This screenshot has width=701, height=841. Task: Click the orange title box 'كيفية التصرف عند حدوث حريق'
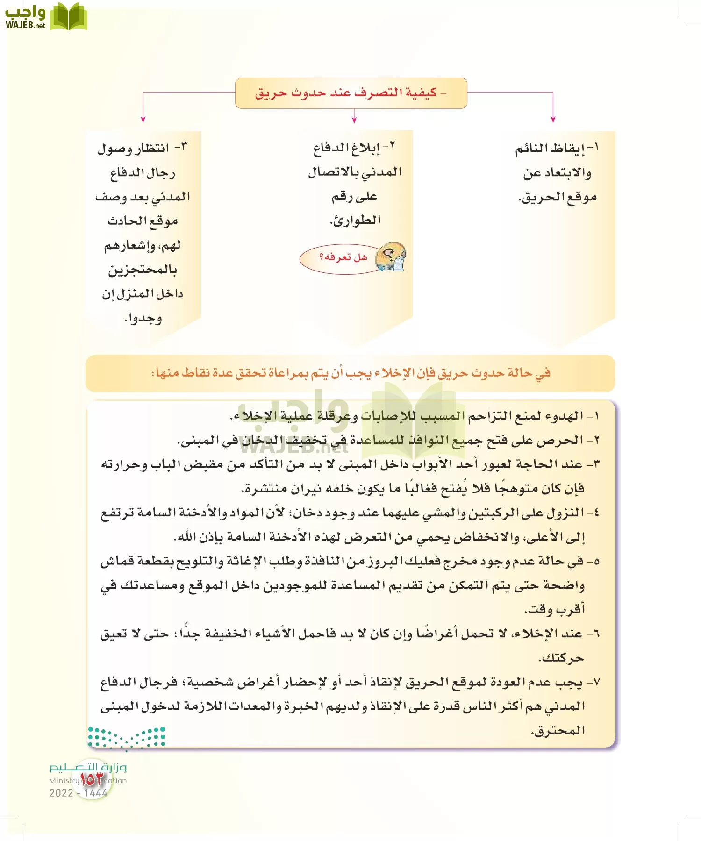[350, 93]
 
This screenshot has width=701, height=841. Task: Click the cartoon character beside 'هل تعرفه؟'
[391, 257]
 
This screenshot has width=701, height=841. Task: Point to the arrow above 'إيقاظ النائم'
[553, 117]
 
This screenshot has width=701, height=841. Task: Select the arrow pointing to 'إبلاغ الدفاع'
[354, 117]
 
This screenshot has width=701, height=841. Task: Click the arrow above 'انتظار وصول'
[143, 117]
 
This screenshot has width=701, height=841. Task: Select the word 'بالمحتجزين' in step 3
[143, 270]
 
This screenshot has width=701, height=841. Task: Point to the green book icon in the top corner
[69, 17]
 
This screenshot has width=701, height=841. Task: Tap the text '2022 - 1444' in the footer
[79, 793]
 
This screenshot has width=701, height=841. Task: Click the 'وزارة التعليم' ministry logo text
[88, 767]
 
